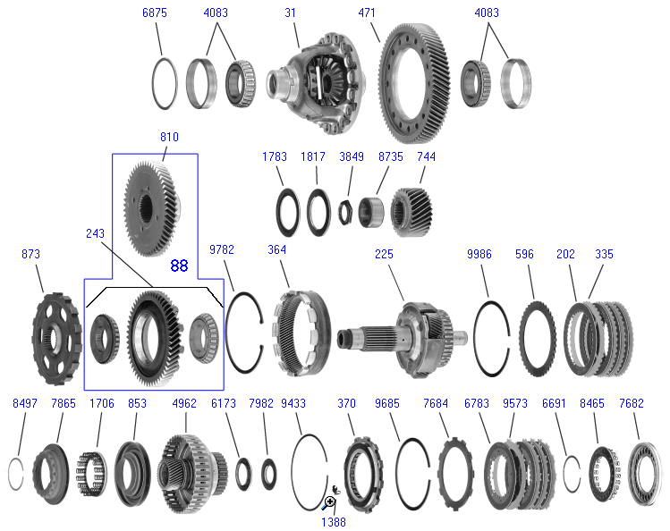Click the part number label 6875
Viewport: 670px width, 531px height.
pos(154,13)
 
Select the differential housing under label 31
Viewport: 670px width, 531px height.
pos(316,82)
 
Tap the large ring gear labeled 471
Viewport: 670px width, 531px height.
pos(414,84)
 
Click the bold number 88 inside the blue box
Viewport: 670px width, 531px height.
pos(179,265)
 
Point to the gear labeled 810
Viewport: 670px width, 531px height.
pos(153,208)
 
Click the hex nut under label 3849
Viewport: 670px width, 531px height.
pos(345,212)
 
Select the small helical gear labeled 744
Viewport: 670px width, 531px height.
pos(411,212)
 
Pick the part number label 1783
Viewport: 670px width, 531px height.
pos(275,156)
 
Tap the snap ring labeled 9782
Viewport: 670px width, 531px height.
pos(244,333)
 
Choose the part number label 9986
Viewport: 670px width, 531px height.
pos(479,254)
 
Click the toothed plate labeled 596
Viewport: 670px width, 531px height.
pos(538,339)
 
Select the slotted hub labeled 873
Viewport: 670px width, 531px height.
pos(57,339)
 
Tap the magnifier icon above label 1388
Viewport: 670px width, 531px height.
pos(329,502)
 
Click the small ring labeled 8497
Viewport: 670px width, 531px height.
pos(16,474)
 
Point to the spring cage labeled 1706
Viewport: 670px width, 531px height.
pos(91,474)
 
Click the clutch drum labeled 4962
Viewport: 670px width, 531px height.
pos(192,474)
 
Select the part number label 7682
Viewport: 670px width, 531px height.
pos(632,403)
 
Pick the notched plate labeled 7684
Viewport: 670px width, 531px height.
pos(456,474)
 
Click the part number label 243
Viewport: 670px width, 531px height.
pos(95,233)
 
